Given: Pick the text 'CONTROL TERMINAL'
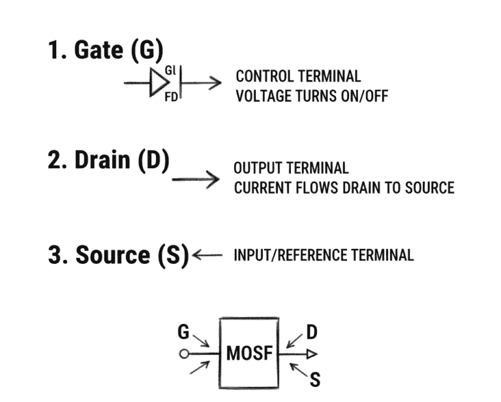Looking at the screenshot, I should tap(298, 77).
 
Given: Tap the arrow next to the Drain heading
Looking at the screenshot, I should tap(195, 179).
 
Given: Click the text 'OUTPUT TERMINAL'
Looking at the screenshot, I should tap(291, 169).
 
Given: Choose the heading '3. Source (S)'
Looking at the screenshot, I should tap(118, 255).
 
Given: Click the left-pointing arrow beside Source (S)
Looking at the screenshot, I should tap(208, 255).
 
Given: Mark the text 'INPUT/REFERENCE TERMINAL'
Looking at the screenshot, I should tap(324, 255).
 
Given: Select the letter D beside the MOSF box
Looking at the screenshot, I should tap(312, 332).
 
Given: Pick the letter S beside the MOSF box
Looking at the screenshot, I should tap(314, 379).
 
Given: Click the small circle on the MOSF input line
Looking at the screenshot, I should tap(185, 354).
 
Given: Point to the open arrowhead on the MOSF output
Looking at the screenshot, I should tap(312, 354).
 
